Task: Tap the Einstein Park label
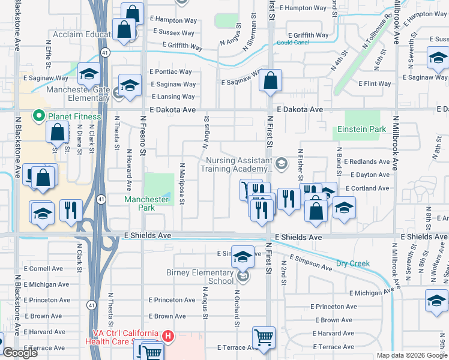point(361,129)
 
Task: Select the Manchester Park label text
point(146,203)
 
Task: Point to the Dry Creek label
point(352,263)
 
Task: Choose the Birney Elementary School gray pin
point(243,277)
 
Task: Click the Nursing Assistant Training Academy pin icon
point(282,163)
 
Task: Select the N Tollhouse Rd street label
point(376,34)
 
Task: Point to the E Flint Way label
point(375,83)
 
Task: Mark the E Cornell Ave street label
point(43,269)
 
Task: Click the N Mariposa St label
point(182,182)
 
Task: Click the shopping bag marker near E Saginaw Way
point(271,80)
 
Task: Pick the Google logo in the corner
point(20,353)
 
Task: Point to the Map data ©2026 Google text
point(411,355)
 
